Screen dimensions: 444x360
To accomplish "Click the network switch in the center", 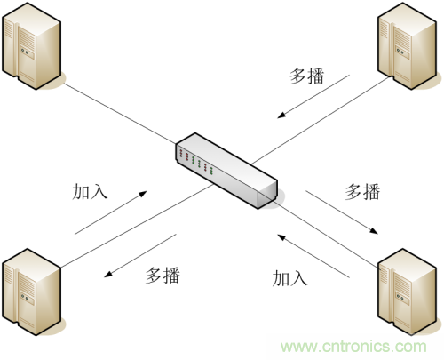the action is click(226, 171).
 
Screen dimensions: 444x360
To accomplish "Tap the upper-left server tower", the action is click(32, 46).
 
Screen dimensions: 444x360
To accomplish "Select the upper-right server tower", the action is click(408, 46).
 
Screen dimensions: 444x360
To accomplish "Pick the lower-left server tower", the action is click(32, 292).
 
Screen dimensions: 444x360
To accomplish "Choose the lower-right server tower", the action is click(408, 292).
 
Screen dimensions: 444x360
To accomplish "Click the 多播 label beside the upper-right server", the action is click(306, 76).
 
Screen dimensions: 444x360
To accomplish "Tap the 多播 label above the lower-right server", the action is click(362, 191).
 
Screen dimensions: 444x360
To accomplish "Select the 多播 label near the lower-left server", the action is click(163, 276).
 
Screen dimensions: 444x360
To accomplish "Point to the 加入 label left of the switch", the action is click(90, 192).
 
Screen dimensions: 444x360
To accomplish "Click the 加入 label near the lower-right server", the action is click(289, 278).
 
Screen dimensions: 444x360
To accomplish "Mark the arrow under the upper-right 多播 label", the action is click(313, 97).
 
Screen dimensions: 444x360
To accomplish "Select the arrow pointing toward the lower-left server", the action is click(140, 256).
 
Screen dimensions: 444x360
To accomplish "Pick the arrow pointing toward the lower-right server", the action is click(342, 212).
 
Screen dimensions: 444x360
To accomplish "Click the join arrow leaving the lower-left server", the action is click(111, 212).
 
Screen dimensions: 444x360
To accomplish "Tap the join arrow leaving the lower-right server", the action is click(313, 256).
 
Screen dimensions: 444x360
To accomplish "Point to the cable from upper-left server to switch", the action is click(120, 114).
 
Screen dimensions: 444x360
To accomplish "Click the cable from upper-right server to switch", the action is click(321, 120).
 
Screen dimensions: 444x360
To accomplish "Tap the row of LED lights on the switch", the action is click(196, 161).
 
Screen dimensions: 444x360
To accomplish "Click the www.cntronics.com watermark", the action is click(353, 347).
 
